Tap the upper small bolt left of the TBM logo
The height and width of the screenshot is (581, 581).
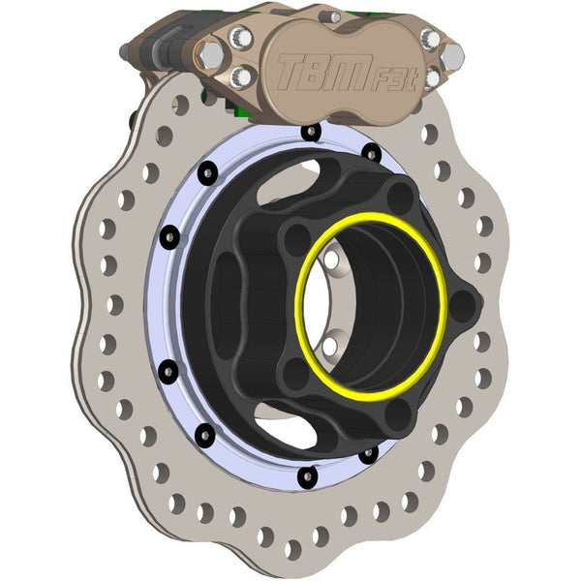(x=242, y=39)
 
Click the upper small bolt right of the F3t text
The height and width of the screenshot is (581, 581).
(x=430, y=40)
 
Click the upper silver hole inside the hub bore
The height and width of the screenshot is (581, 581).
(x=332, y=262)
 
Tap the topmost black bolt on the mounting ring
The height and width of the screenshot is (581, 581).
(x=311, y=132)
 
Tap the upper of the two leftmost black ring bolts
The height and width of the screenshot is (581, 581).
(x=168, y=235)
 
